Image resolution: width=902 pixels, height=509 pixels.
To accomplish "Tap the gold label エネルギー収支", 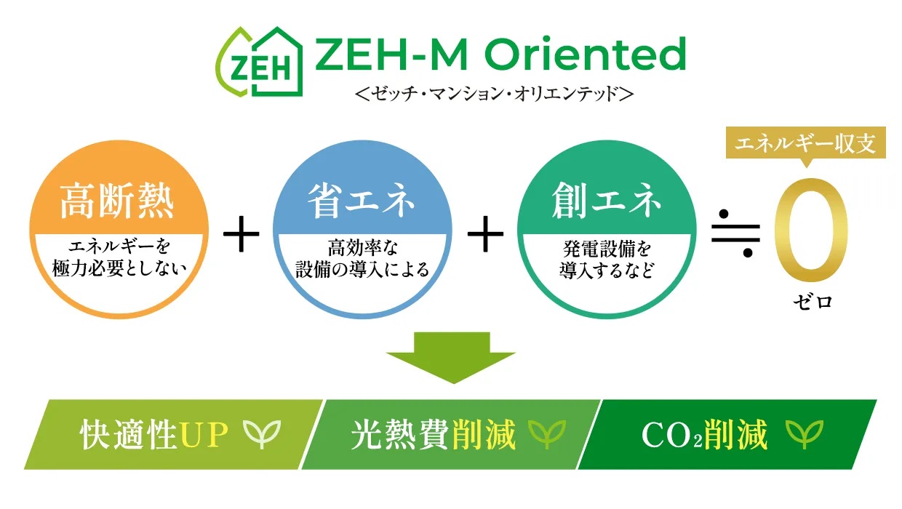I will pyautogui.click(x=806, y=144).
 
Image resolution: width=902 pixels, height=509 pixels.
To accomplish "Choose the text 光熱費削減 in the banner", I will pyautogui.click(x=433, y=435).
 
